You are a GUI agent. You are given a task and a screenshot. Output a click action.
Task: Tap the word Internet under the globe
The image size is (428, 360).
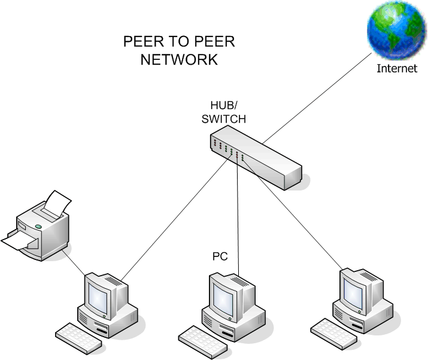(x=396, y=68)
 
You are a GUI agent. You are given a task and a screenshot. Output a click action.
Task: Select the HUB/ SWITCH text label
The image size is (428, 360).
(x=227, y=113)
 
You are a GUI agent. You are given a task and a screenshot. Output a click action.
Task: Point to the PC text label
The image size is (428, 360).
(x=220, y=256)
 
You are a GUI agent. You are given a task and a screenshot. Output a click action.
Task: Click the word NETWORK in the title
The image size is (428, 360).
(x=179, y=60)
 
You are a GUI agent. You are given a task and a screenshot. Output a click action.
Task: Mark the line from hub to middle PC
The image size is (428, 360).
(x=238, y=216)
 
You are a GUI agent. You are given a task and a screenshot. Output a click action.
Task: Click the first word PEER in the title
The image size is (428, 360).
(x=142, y=42)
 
